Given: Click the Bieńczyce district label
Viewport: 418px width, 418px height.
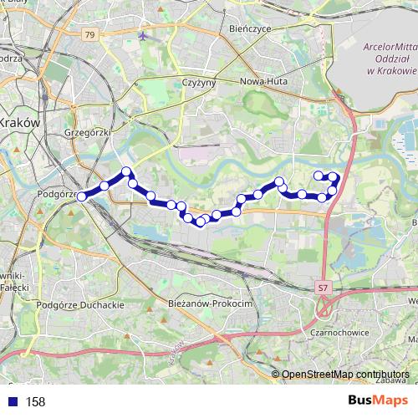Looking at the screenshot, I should [223, 28].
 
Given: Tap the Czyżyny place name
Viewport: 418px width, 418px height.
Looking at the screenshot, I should [200, 83].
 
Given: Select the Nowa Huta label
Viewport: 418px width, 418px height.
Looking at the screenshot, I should [263, 82].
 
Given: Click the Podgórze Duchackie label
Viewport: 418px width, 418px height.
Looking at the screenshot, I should [80, 305].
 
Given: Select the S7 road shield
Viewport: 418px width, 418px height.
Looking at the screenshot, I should [323, 287].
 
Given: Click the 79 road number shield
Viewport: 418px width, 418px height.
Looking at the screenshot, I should [89, 34].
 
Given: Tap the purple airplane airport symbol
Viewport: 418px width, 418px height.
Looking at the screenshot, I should [145, 36].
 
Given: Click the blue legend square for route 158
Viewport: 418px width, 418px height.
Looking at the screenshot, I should [12, 401].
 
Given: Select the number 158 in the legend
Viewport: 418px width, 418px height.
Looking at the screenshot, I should [35, 402].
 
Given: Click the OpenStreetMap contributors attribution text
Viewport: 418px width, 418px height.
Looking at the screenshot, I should [345, 374].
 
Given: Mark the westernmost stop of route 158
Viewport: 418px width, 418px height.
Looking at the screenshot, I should [82, 196].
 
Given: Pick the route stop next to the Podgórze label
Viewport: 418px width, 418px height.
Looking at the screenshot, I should [82, 196].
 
